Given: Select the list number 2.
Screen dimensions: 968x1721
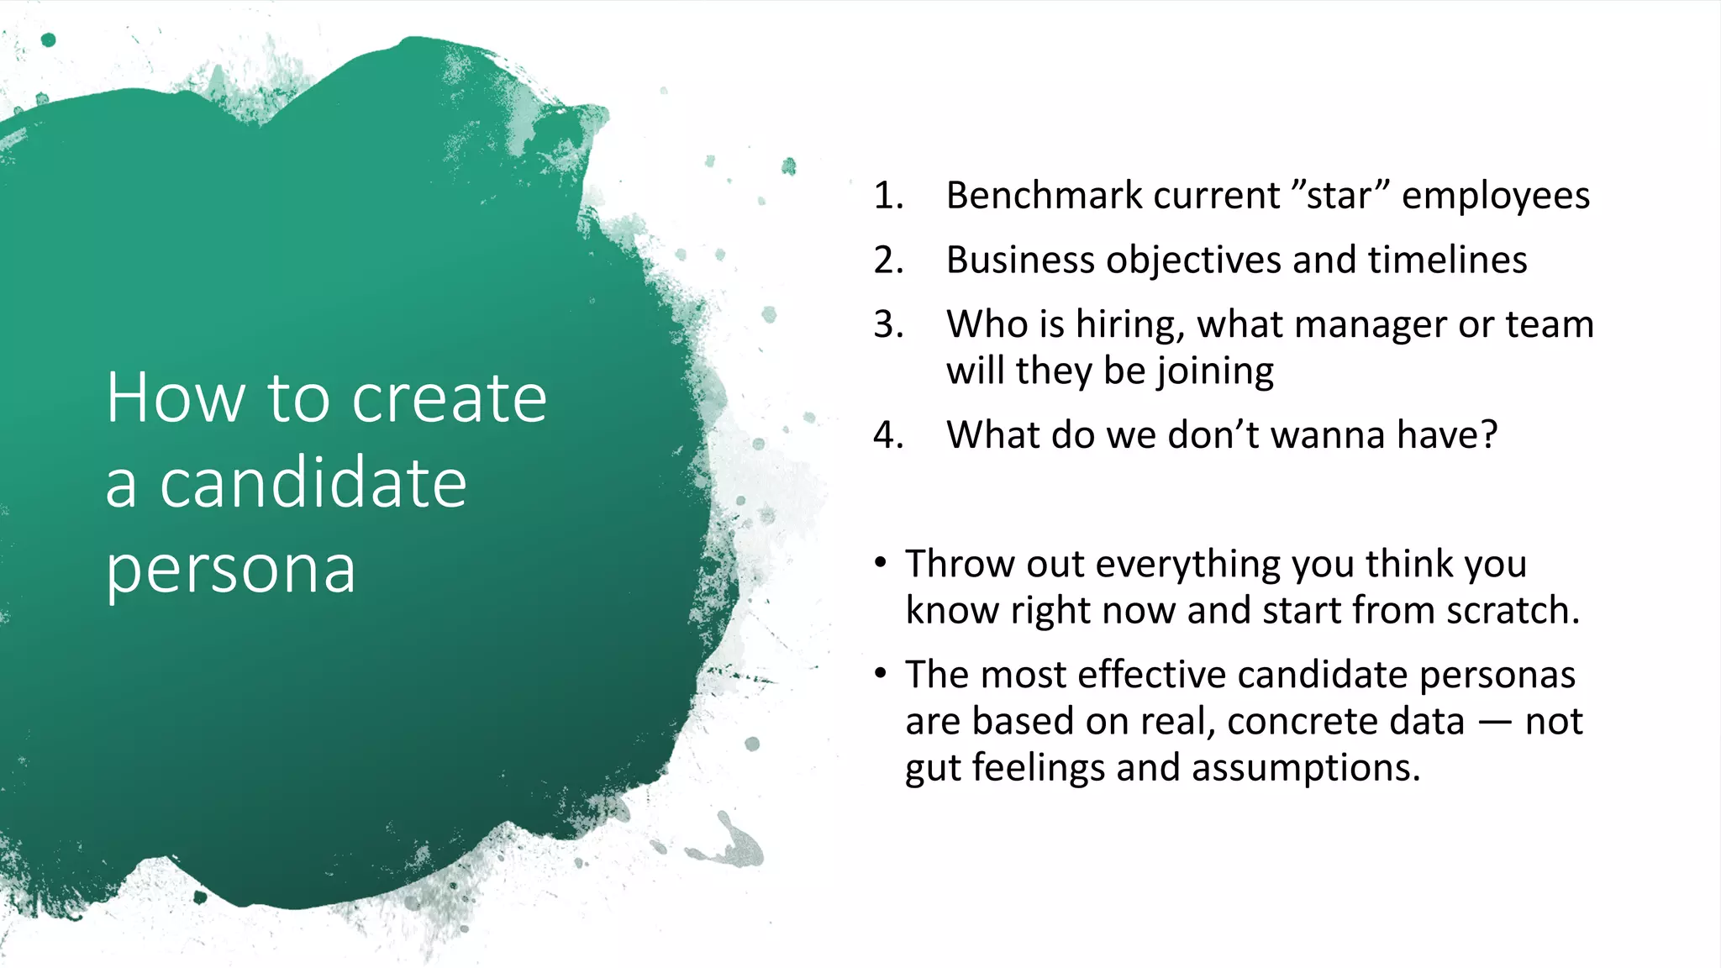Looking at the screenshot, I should click(888, 260).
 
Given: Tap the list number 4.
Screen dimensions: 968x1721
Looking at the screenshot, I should click(888, 435).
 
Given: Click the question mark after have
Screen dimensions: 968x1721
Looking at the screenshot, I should click(1489, 435).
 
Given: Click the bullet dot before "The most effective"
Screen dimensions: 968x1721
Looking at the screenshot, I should click(880, 674).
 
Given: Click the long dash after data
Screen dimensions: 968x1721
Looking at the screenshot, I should click(1495, 722).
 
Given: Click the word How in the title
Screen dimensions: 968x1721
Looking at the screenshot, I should click(176, 398).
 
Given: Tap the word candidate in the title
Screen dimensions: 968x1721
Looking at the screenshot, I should click(313, 484).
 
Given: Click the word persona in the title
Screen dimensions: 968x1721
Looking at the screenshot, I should click(231, 571).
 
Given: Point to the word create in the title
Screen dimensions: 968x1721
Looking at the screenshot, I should click(449, 398).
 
